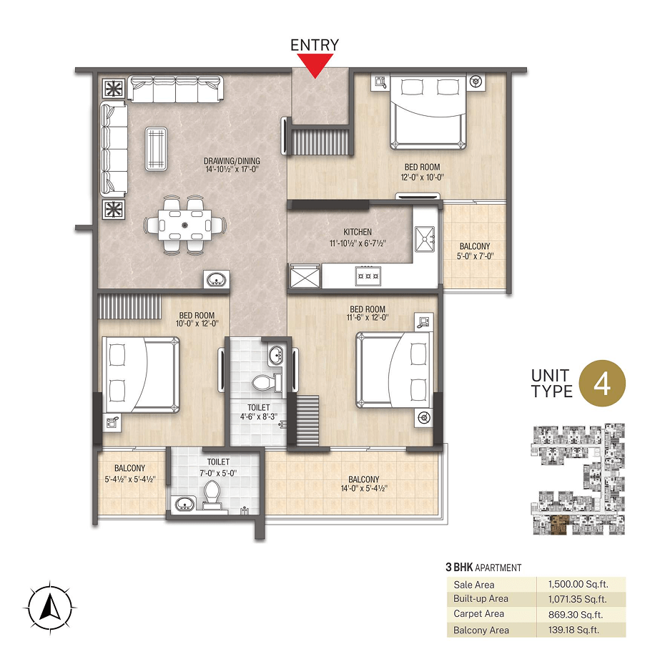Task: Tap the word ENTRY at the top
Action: click(315, 44)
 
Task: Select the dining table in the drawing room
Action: click(184, 225)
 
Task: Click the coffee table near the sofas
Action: click(156, 149)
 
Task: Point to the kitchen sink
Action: click(425, 239)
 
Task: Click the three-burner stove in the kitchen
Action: click(368, 276)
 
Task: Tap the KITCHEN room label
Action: click(358, 232)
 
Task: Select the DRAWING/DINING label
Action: click(232, 161)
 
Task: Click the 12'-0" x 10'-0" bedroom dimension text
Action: click(422, 177)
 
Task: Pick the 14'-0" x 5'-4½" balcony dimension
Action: click(364, 488)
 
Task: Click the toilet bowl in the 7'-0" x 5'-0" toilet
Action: click(212, 495)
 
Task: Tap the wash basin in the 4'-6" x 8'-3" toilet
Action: click(276, 354)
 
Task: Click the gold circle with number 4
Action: click(602, 384)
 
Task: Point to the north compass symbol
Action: click(50, 607)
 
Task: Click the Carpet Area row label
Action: click(478, 614)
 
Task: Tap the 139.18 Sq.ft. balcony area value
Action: click(573, 630)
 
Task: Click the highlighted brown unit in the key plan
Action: click(558, 525)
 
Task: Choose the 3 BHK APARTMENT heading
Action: click(483, 568)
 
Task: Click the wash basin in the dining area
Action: click(217, 280)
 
